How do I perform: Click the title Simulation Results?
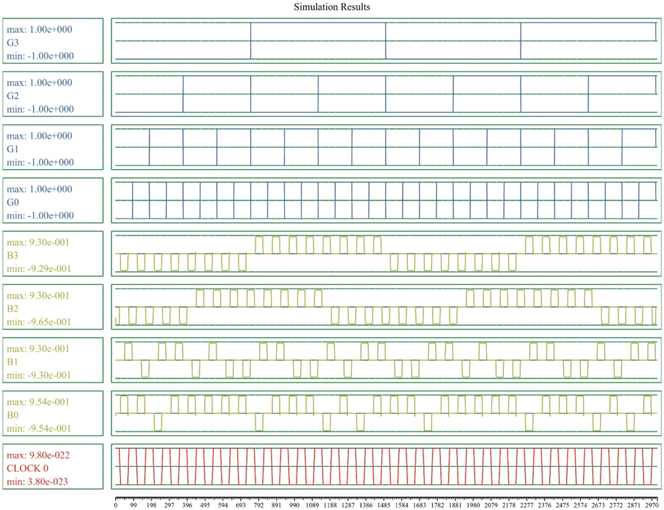(332, 7)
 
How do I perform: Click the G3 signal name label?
(12, 42)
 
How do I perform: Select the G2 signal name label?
(12, 95)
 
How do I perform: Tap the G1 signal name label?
(12, 149)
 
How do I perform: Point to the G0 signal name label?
(12, 202)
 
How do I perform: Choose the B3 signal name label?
(12, 255)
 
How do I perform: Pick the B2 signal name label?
(12, 308)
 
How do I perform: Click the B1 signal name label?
(12, 362)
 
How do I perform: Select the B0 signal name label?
(12, 415)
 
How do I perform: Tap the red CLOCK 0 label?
(28, 468)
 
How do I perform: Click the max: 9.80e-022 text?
(38, 455)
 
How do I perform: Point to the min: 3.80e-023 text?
(37, 482)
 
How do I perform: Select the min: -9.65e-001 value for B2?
(39, 322)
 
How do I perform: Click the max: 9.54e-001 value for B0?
(38, 402)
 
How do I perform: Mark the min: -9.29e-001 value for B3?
(39, 269)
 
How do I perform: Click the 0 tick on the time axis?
(116, 505)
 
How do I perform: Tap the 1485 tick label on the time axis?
(384, 505)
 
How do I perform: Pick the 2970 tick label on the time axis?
(652, 505)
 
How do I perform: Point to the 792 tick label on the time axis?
(259, 505)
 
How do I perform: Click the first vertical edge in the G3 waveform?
(251, 41)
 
